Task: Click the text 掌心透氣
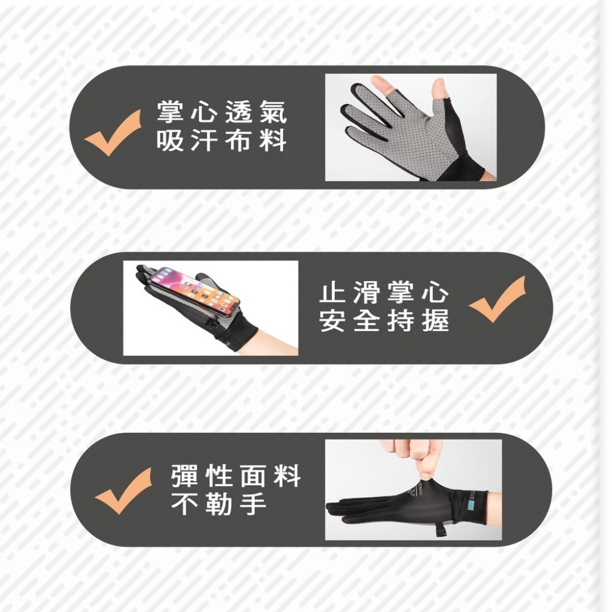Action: [x=221, y=111]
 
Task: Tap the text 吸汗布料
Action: [x=221, y=142]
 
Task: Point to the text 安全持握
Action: [x=384, y=322]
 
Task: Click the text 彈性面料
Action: [x=236, y=475]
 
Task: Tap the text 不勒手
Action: [x=219, y=504]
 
